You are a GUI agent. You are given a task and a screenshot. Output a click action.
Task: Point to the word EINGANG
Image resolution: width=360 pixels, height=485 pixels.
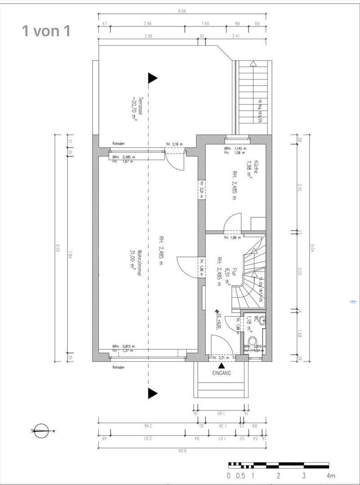tap(222, 373)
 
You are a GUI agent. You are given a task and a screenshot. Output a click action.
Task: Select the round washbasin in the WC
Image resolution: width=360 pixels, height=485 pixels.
tap(262, 320)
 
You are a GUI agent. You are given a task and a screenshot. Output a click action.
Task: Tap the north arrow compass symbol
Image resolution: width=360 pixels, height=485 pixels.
tap(42, 431)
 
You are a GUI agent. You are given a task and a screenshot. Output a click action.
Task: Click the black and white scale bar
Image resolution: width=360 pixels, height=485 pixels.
tap(279, 465)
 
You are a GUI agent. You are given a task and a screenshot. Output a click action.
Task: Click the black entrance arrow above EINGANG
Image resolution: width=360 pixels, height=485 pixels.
tap(222, 366)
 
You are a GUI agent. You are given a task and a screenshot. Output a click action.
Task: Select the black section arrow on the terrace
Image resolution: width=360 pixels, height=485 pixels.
tap(153, 78)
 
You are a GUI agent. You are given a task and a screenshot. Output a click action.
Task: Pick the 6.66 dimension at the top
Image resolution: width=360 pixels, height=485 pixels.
tap(182, 11)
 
